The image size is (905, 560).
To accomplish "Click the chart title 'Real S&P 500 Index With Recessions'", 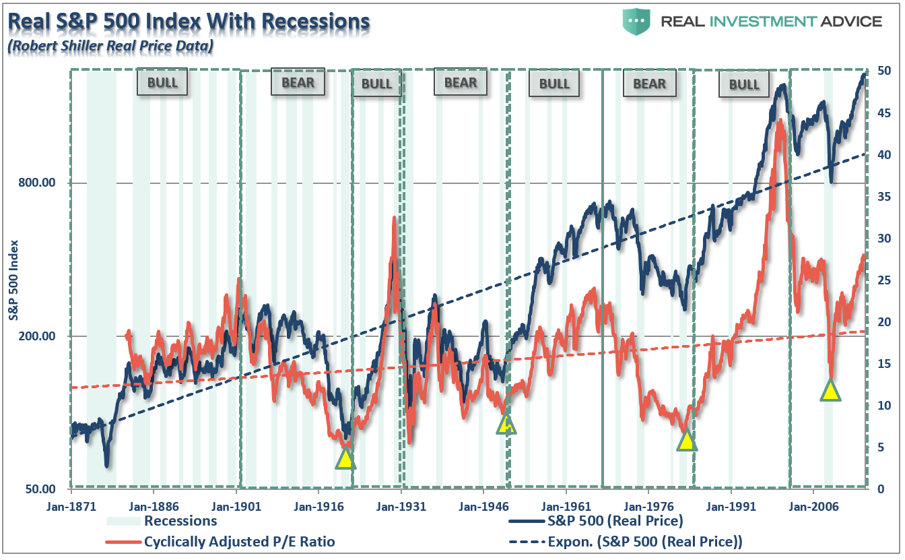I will click(x=188, y=22).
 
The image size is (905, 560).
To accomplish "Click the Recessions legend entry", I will click(x=180, y=521).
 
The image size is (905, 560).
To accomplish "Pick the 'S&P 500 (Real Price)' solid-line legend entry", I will click(x=615, y=521).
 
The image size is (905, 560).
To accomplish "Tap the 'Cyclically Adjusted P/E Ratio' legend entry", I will click(x=239, y=542).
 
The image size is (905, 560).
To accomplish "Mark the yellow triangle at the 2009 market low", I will click(x=830, y=391).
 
